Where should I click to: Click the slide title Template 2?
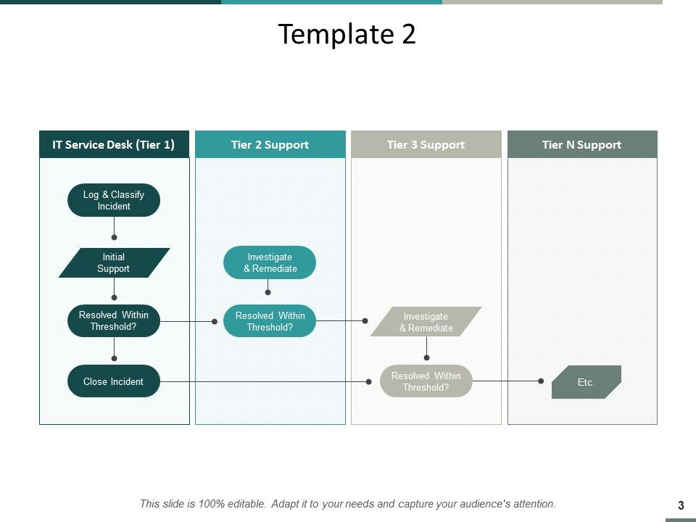[347, 34]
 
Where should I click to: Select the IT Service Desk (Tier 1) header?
[114, 144]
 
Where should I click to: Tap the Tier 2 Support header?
[270, 144]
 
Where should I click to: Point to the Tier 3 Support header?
[426, 144]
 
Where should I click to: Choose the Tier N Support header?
[581, 144]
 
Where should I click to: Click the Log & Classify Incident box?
[114, 200]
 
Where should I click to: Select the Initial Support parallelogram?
[114, 262]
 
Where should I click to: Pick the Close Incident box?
[114, 381]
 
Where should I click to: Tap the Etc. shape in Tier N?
[586, 382]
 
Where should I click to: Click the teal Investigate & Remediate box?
[270, 262]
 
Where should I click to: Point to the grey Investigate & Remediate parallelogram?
[426, 322]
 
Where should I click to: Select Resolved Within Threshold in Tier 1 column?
[114, 320]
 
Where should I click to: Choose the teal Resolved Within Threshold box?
[270, 321]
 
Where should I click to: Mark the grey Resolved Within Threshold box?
[426, 381]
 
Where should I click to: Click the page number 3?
[681, 506]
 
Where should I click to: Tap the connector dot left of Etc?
[541, 381]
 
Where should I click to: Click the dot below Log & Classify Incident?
[114, 237]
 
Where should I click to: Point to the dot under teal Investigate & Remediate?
[268, 292]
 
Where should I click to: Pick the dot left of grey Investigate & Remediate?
[365, 320]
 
